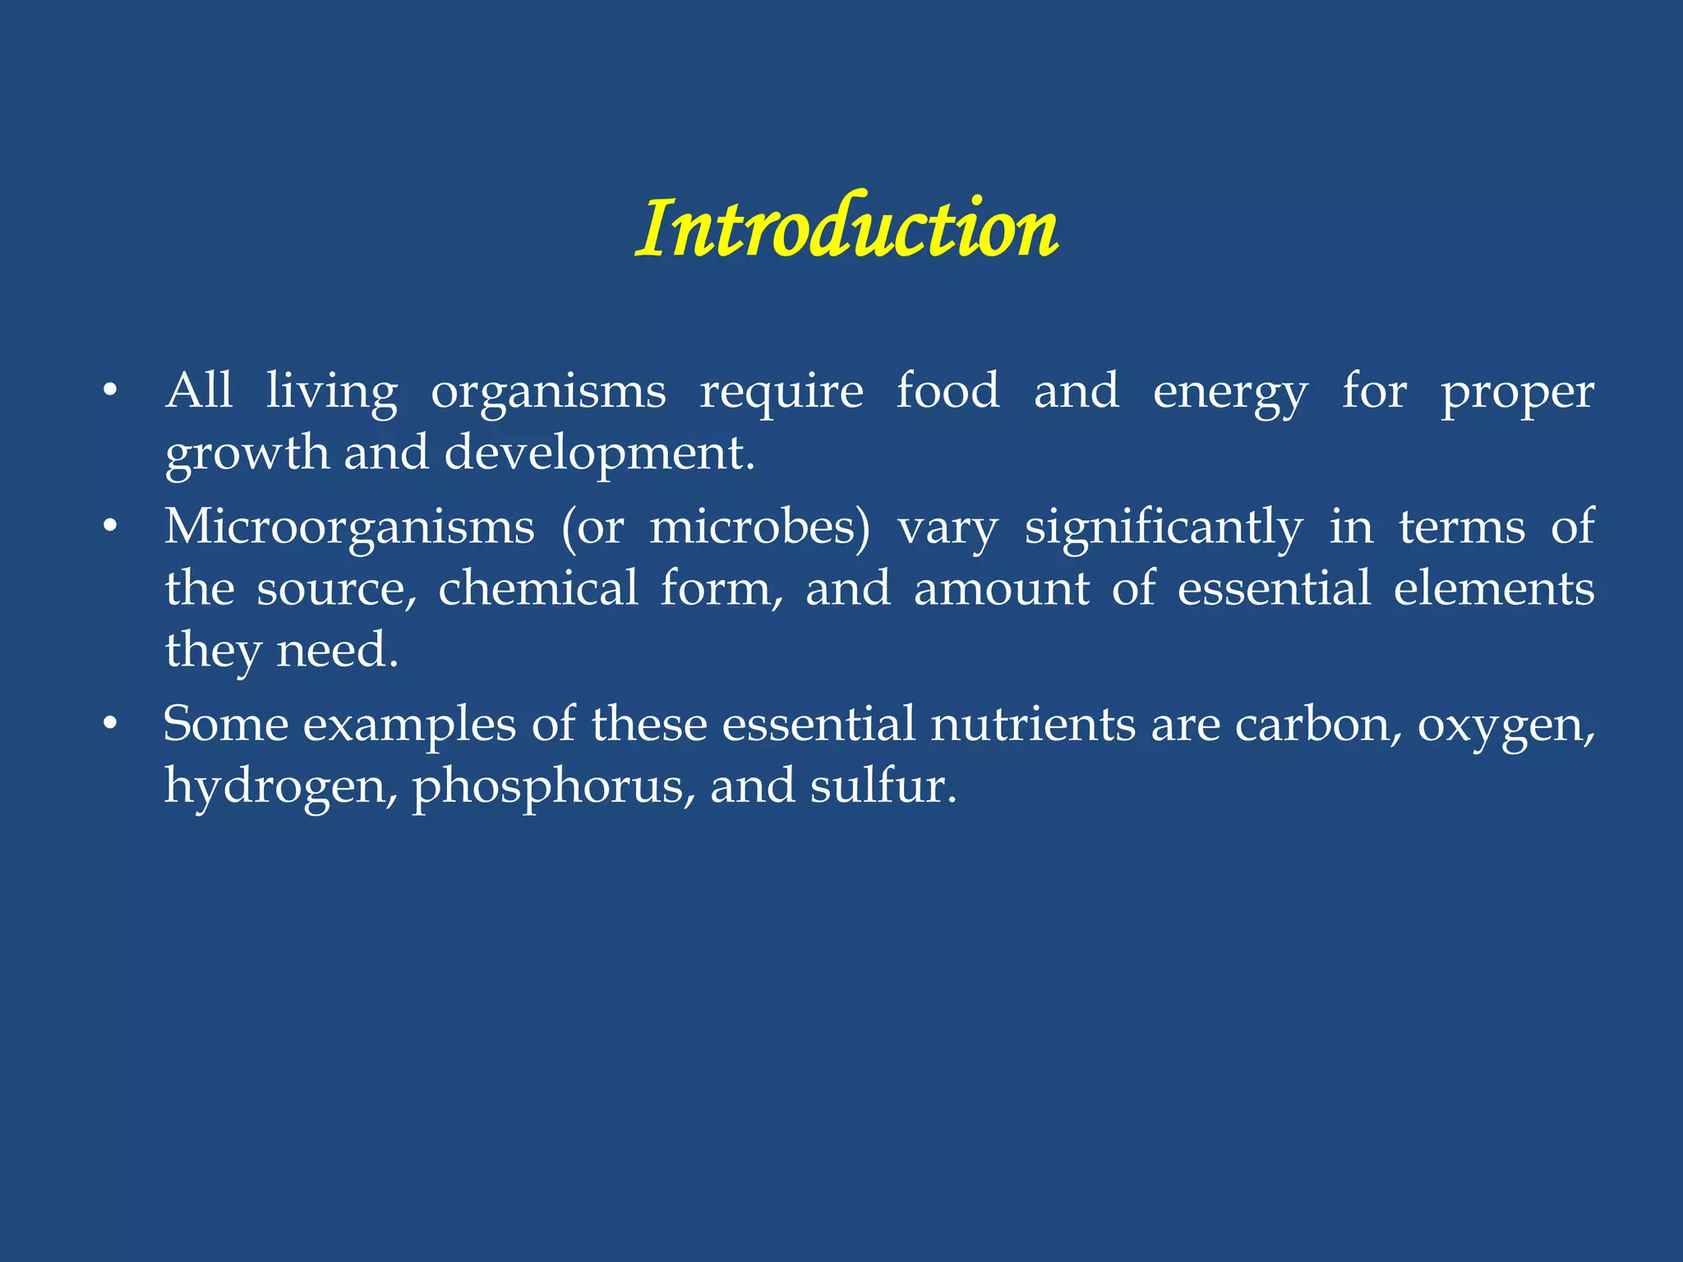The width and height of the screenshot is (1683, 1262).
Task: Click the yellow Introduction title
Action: point(846,228)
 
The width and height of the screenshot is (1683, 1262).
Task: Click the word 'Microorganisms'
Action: point(349,527)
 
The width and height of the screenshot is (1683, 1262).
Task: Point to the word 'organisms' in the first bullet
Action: point(548,393)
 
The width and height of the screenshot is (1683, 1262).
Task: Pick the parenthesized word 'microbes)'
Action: point(759,527)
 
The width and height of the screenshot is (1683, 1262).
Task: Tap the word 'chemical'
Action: point(537,588)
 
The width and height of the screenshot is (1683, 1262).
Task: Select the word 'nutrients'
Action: point(1032,725)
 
